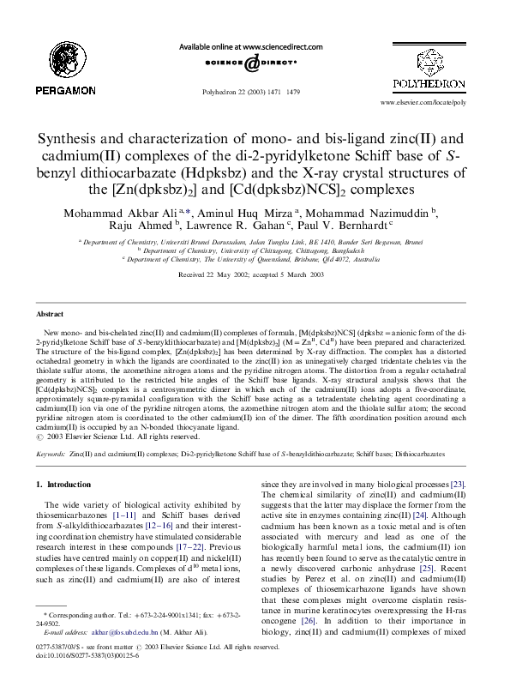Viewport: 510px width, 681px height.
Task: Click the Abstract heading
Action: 51,315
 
